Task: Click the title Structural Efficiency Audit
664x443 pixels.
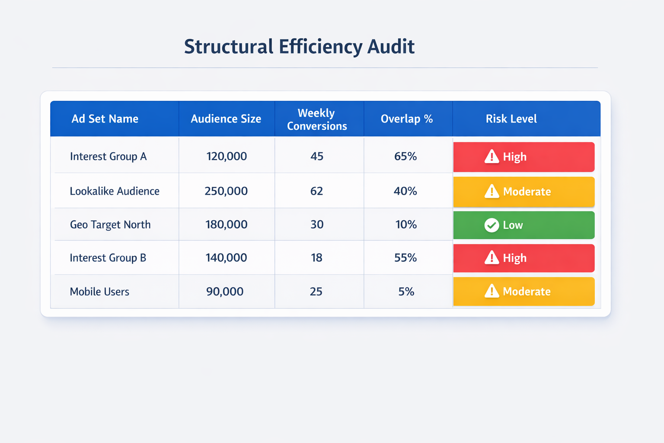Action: click(299, 47)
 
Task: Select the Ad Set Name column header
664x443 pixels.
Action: click(105, 119)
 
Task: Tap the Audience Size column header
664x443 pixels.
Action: click(226, 119)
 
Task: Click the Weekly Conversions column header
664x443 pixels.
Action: click(317, 119)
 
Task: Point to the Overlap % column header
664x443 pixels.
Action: click(406, 119)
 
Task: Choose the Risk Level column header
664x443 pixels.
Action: click(511, 119)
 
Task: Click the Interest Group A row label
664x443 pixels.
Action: click(108, 157)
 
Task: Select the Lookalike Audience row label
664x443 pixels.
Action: click(115, 191)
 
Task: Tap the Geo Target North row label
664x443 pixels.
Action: click(110, 225)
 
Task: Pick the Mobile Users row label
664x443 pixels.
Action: click(99, 292)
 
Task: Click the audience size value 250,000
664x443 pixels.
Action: click(226, 191)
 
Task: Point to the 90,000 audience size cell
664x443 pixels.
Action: click(225, 292)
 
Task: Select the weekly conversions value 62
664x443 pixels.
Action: click(316, 191)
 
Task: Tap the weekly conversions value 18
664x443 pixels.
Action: click(316, 258)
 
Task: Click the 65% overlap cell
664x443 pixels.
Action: click(405, 157)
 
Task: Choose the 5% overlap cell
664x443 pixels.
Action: click(406, 292)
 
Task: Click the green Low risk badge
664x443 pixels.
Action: click(524, 225)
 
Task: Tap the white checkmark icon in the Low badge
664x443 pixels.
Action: click(492, 225)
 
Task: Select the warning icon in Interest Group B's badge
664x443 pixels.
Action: click(492, 258)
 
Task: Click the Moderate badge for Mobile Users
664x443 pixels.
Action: click(524, 292)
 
